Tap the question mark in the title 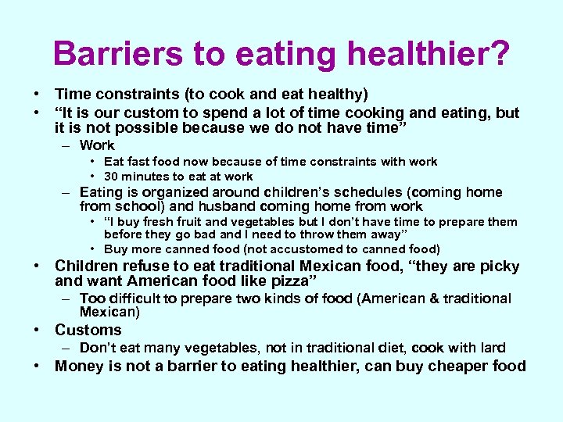pyautogui.click(x=498, y=53)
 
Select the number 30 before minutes pyautogui.click(x=111, y=176)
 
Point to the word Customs pyautogui.click(x=88, y=330)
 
